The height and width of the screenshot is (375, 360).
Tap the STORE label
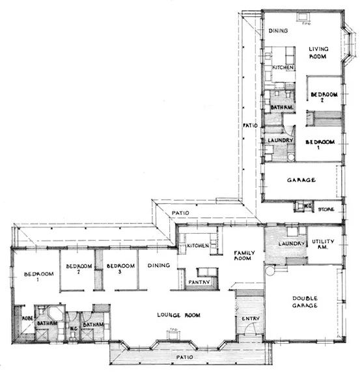[326, 209]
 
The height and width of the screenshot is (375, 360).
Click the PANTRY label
[198, 282]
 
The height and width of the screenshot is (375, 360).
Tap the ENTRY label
[250, 318]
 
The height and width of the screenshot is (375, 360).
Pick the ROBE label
[27, 318]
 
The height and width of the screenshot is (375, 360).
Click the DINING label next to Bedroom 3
[158, 265]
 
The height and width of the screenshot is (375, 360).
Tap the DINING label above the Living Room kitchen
[279, 31]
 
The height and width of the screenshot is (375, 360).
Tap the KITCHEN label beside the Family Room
[197, 245]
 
